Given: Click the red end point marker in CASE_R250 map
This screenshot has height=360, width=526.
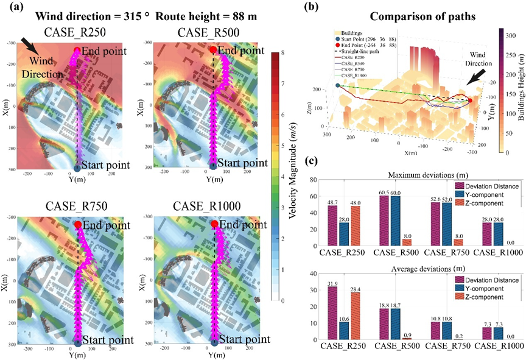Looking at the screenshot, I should tap(77, 50).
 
